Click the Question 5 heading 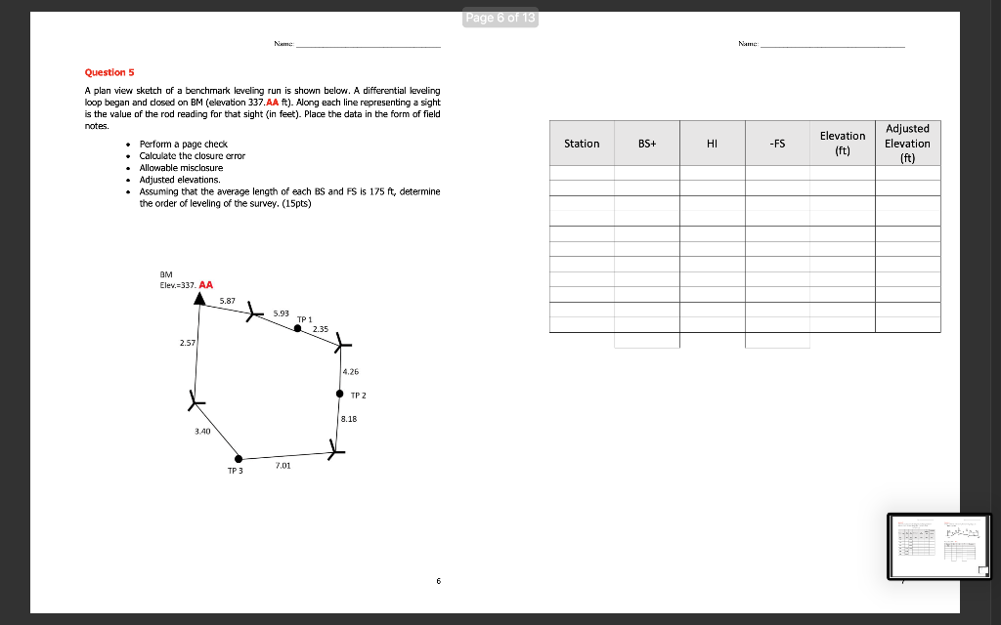click(x=109, y=72)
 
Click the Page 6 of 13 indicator click(x=501, y=20)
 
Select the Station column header click(x=582, y=144)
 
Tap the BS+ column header click(x=647, y=144)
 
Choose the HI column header click(x=712, y=144)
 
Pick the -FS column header click(x=776, y=144)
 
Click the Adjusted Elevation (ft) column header click(x=907, y=143)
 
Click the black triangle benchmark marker click(x=199, y=298)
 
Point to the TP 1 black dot click(x=298, y=328)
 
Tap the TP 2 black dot click(x=339, y=395)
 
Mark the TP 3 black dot click(x=238, y=457)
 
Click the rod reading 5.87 click(x=227, y=301)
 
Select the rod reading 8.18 click(x=350, y=418)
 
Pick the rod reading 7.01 click(x=283, y=467)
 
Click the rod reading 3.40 click(x=202, y=430)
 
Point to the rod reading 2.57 click(x=188, y=344)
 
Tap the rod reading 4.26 click(x=351, y=371)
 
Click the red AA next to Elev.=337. click(x=206, y=284)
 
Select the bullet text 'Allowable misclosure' click(x=182, y=168)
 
